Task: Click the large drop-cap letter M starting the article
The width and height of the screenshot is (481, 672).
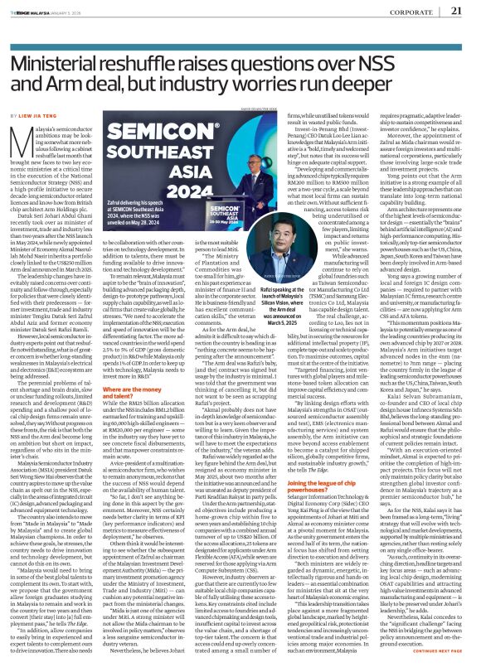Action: (23, 123)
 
